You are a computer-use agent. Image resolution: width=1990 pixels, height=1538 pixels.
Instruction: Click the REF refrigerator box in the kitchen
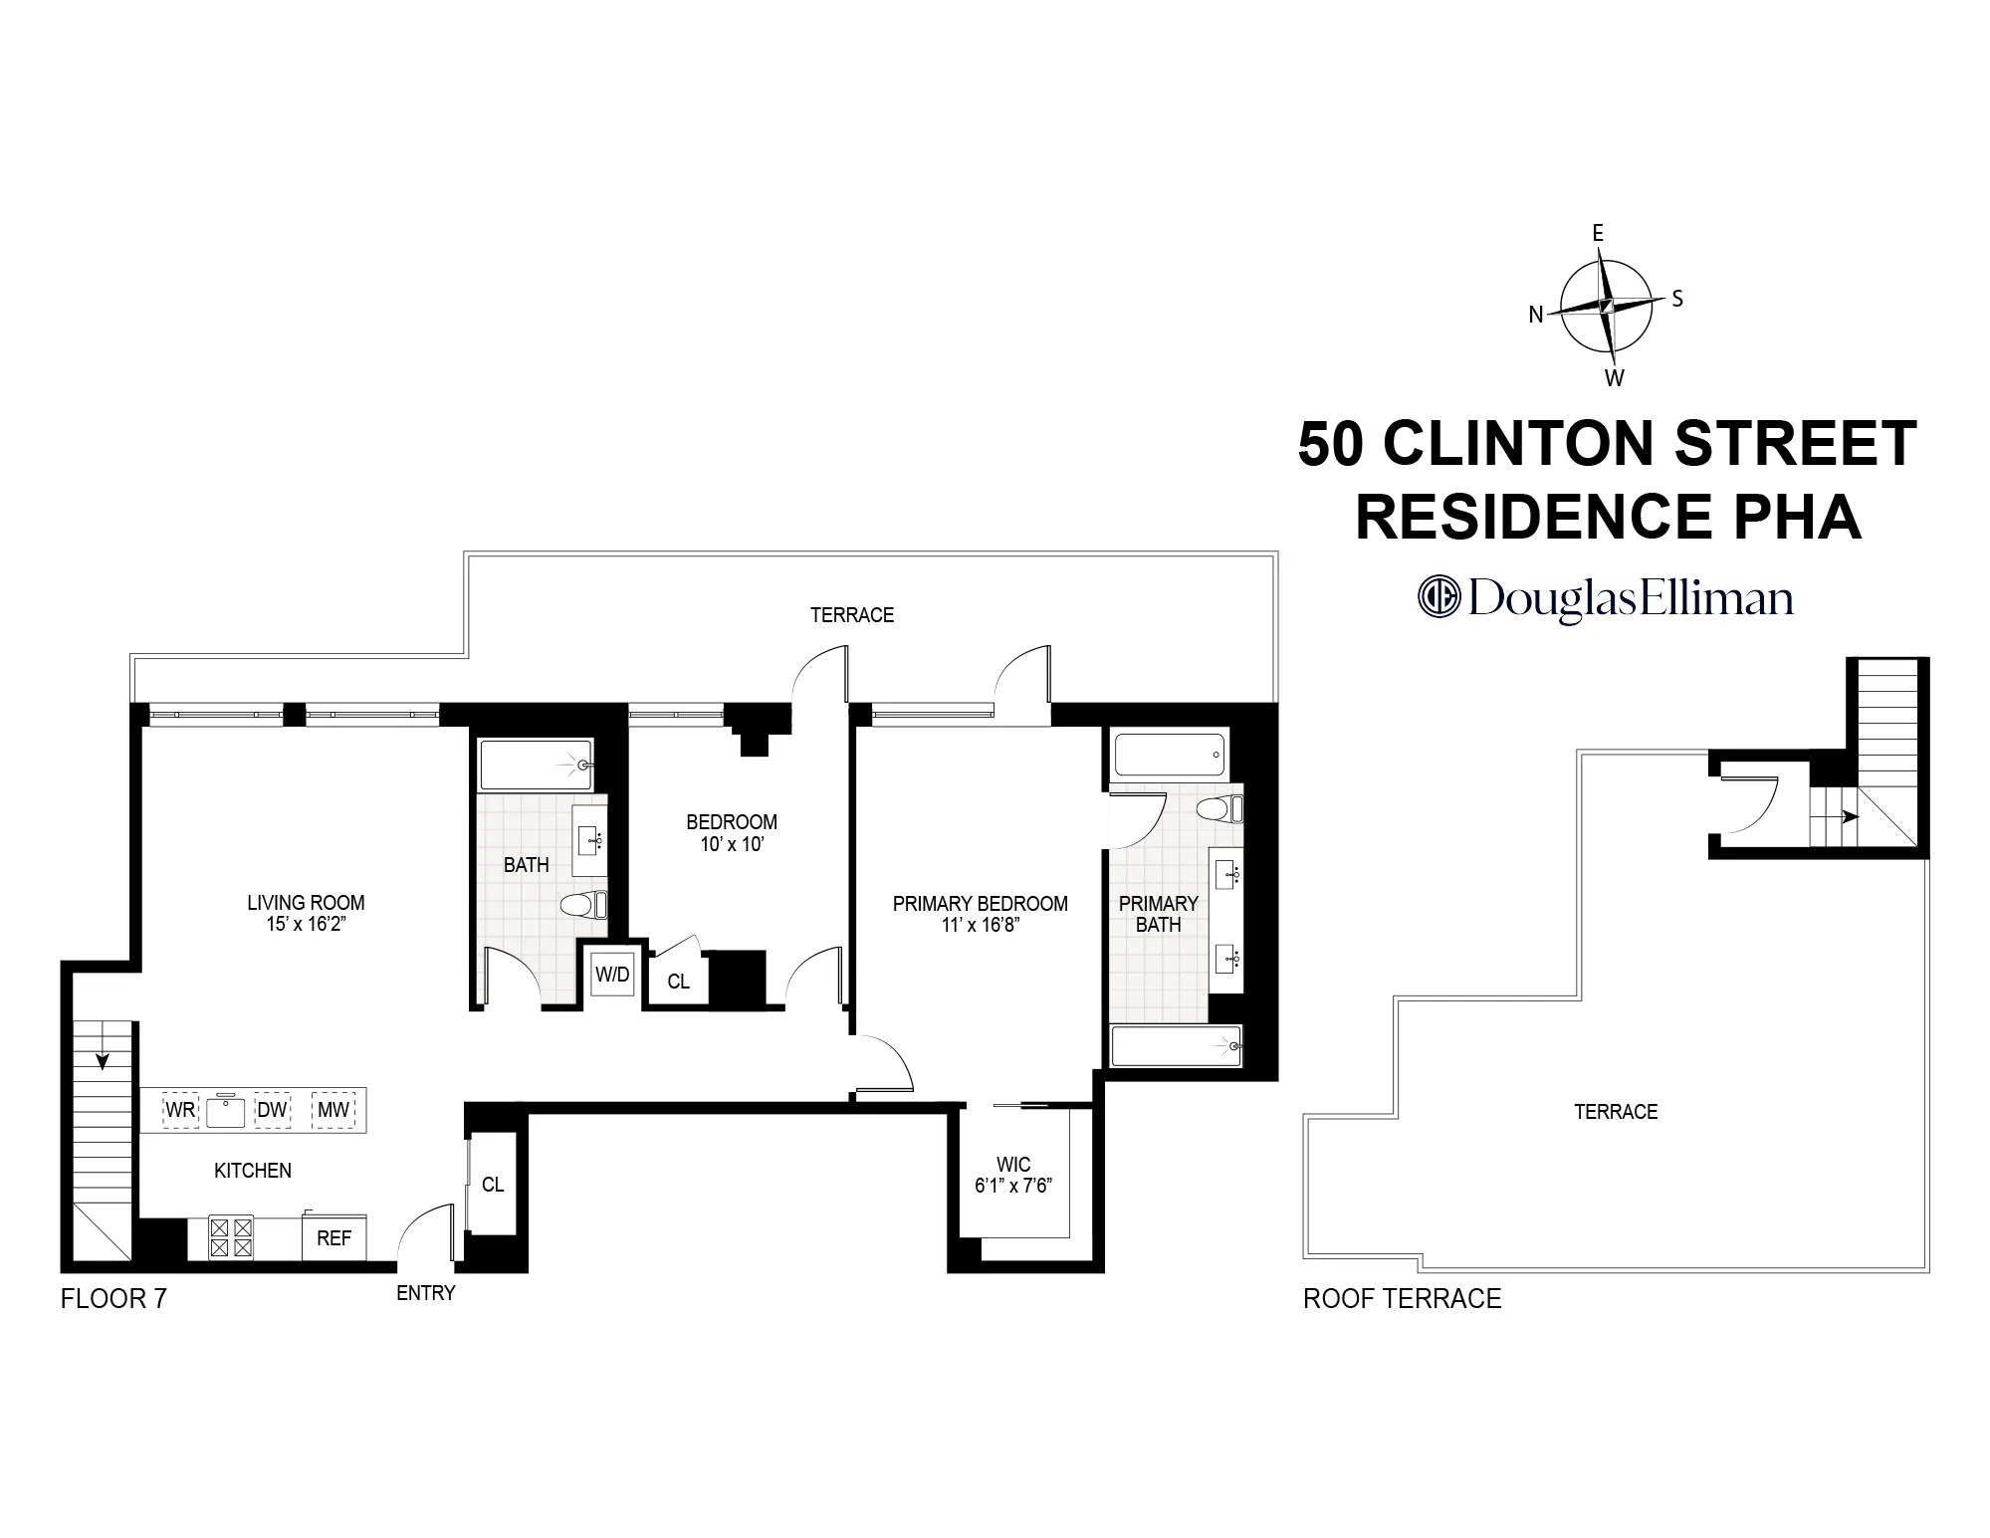point(333,1238)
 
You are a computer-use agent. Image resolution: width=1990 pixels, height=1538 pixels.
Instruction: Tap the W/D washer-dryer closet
point(612,975)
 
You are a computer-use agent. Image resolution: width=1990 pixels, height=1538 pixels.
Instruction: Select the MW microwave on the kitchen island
point(333,1110)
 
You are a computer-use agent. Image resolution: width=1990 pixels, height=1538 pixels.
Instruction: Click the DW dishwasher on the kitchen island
point(272,1110)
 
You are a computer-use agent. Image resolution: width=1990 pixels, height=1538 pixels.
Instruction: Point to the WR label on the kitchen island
point(180,1110)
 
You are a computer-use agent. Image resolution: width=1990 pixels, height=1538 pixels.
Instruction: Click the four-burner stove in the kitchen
point(231,1238)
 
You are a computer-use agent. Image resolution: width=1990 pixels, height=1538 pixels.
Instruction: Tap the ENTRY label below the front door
point(425,1293)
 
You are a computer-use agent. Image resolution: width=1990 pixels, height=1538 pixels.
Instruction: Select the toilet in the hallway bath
point(582,905)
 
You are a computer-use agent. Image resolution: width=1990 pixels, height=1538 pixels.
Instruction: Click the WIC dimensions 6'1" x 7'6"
point(1013,1186)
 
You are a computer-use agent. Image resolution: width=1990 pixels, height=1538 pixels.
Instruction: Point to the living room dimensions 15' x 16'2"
point(305,924)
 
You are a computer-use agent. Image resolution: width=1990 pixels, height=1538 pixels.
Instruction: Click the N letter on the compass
point(1536,315)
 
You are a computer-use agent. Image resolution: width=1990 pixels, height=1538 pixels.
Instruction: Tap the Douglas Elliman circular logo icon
point(1437,595)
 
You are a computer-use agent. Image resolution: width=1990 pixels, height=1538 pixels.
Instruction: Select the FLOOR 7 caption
point(113,1299)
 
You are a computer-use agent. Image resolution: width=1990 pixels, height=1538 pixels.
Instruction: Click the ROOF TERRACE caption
point(1402,1299)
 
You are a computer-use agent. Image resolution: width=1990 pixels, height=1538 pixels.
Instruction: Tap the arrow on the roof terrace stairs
point(1850,816)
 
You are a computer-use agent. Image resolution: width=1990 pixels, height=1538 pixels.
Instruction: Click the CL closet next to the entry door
point(493,1185)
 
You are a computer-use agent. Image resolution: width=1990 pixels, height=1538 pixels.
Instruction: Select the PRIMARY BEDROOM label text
point(980,904)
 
